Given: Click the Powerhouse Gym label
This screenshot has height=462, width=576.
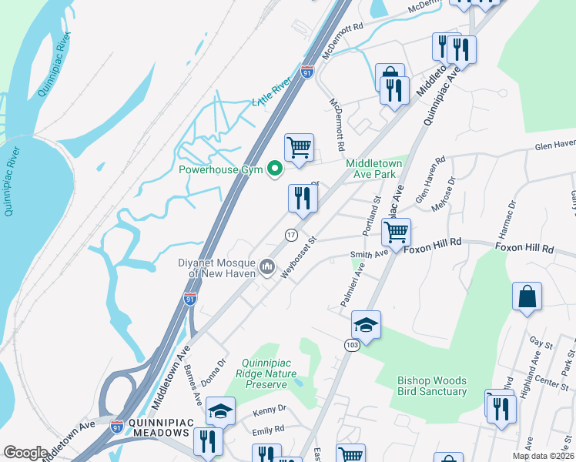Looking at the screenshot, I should (x=223, y=169).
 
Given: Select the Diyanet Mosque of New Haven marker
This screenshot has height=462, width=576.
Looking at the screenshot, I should (x=267, y=267).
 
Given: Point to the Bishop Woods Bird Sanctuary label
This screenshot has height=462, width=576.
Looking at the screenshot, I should (x=432, y=386).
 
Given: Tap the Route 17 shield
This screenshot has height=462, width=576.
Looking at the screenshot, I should (x=291, y=234).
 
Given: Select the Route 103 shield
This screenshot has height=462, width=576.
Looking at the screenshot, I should (x=350, y=346).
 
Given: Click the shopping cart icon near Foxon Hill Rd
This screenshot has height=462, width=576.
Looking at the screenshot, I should (x=396, y=232).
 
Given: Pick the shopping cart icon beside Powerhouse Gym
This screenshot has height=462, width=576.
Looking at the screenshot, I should (x=299, y=146).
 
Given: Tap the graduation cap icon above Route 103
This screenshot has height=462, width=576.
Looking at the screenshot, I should (x=366, y=325).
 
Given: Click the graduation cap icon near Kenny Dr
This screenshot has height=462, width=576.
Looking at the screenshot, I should (x=220, y=412).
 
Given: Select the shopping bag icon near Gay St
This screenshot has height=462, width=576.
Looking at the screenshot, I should (x=527, y=296).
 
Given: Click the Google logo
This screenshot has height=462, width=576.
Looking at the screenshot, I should (x=25, y=453).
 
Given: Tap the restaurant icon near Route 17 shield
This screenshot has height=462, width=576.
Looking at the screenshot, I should (x=303, y=199).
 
